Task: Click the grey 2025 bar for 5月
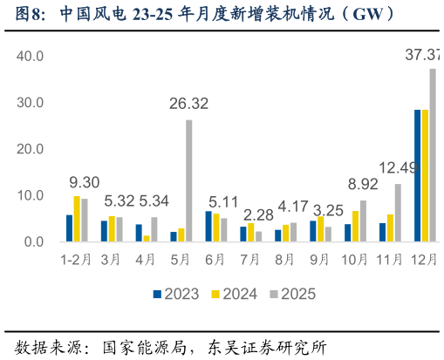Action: tap(189, 180)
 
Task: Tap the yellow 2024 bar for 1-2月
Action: tap(77, 219)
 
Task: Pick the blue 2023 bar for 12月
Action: tap(418, 175)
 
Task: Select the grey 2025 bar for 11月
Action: tap(398, 213)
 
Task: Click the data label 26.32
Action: tap(188, 104)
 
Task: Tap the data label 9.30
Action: tap(85, 183)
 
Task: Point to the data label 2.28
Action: tap(258, 214)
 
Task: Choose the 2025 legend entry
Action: tap(287, 295)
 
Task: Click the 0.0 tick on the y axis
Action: tap(34, 241)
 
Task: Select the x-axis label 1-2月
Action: tap(77, 260)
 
